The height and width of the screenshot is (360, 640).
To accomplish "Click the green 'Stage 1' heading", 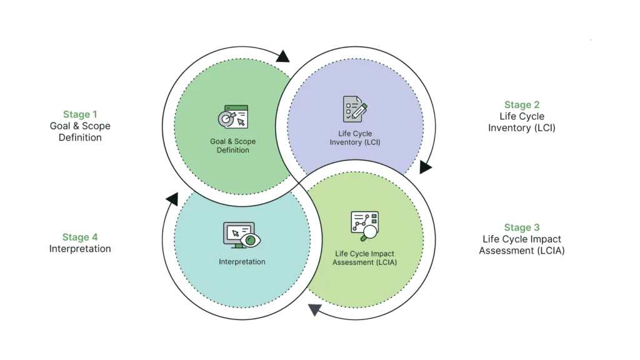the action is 80,114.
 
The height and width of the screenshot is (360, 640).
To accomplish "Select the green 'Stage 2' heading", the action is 522,105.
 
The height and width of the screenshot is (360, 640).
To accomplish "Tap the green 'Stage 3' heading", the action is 522,227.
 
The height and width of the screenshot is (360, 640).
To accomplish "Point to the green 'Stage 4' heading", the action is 80,237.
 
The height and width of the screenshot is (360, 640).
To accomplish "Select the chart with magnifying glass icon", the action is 365,226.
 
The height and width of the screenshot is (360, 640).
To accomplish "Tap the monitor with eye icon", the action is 242,235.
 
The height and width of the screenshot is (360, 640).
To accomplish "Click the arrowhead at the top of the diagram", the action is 283,56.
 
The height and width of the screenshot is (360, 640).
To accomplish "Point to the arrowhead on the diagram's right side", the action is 425,166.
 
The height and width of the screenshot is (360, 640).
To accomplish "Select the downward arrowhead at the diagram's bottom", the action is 315,310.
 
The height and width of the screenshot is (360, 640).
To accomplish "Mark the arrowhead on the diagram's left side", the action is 172,199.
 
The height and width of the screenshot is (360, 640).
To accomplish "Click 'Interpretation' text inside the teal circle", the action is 242,262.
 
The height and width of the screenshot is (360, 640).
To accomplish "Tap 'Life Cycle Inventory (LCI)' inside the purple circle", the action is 355,138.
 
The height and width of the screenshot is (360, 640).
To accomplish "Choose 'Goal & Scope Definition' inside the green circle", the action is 233,146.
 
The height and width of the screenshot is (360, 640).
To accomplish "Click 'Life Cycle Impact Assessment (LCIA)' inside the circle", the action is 364,258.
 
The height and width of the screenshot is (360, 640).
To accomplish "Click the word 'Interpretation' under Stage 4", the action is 80,249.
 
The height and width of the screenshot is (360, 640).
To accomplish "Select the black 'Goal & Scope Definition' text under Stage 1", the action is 80,132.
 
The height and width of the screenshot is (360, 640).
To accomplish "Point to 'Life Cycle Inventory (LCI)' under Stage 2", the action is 522,122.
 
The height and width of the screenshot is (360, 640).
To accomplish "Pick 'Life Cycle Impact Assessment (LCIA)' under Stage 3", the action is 522,245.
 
